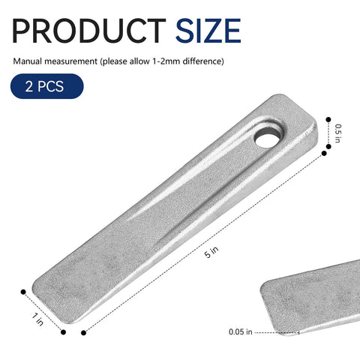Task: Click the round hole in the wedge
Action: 265,139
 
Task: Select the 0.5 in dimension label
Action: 338,131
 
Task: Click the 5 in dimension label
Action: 208,253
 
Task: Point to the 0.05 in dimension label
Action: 241,331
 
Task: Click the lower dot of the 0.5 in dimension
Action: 324,152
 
